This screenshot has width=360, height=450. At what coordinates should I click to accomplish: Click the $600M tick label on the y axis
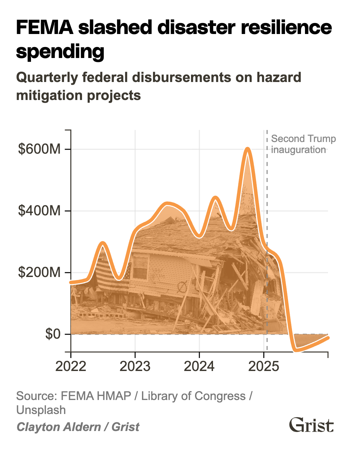click(x=39, y=149)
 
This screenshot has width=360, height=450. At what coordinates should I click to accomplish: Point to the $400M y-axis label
click(x=39, y=211)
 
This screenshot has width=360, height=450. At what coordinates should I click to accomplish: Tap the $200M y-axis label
click(x=39, y=272)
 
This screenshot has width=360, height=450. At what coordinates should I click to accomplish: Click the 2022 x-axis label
click(x=71, y=366)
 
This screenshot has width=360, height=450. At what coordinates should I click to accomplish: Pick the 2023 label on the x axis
click(x=135, y=366)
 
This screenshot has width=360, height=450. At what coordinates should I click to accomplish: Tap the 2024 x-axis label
click(x=199, y=366)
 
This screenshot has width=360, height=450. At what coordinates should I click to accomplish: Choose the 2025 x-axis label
click(x=264, y=366)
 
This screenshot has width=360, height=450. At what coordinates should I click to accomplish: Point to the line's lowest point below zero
click(x=296, y=349)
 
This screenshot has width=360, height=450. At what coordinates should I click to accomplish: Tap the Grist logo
click(x=311, y=425)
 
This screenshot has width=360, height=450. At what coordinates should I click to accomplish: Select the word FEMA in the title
click(x=44, y=27)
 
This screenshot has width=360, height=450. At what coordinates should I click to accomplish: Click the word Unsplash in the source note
click(x=41, y=410)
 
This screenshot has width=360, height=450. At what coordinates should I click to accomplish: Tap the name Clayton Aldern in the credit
click(x=59, y=427)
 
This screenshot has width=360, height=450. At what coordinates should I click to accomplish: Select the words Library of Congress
click(x=193, y=396)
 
